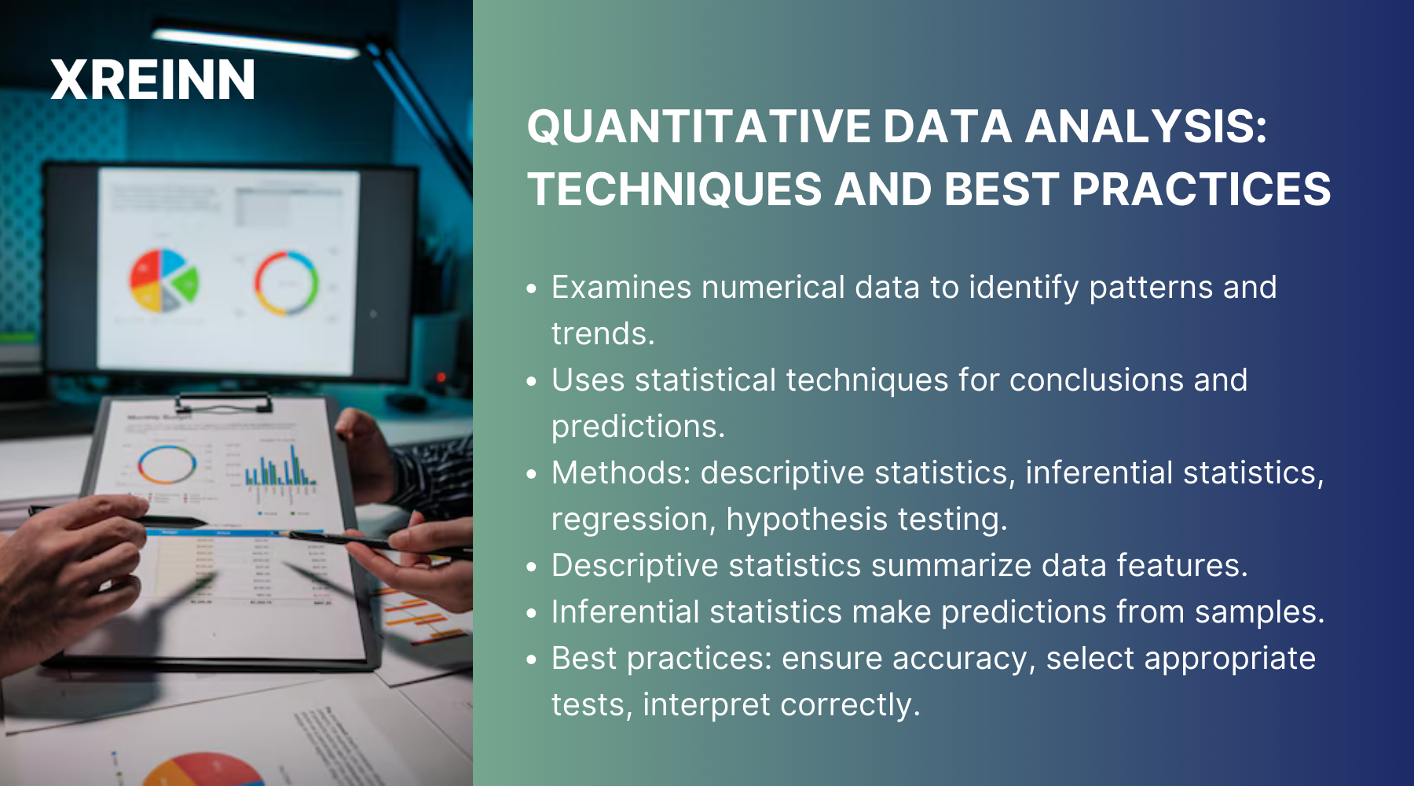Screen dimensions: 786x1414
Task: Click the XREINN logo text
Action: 153,80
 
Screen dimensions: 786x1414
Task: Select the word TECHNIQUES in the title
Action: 674,190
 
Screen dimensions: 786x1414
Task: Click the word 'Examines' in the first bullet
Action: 621,288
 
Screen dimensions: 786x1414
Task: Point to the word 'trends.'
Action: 603,334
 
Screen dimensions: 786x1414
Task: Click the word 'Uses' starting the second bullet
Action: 588,380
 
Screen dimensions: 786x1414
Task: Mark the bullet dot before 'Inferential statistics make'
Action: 532,613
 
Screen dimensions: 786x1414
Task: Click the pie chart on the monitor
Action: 163,280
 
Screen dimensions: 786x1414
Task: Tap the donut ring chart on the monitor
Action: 286,283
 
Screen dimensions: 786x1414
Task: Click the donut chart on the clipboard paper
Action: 167,465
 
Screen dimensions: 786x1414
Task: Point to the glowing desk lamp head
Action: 255,43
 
